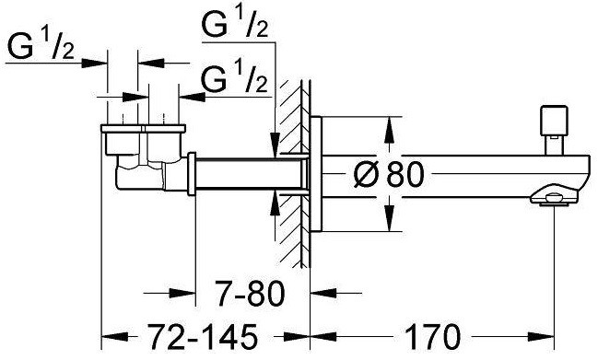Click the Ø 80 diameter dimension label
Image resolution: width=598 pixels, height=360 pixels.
[388, 175]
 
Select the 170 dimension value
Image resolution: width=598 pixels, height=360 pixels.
[432, 336]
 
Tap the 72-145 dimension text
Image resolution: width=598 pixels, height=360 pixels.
[203, 336]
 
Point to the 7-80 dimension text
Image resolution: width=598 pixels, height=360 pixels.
[250, 294]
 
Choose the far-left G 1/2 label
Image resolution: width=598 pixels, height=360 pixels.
[41, 47]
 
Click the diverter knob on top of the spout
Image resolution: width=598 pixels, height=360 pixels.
[554, 131]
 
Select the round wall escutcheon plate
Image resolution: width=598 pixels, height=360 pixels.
[316, 175]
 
